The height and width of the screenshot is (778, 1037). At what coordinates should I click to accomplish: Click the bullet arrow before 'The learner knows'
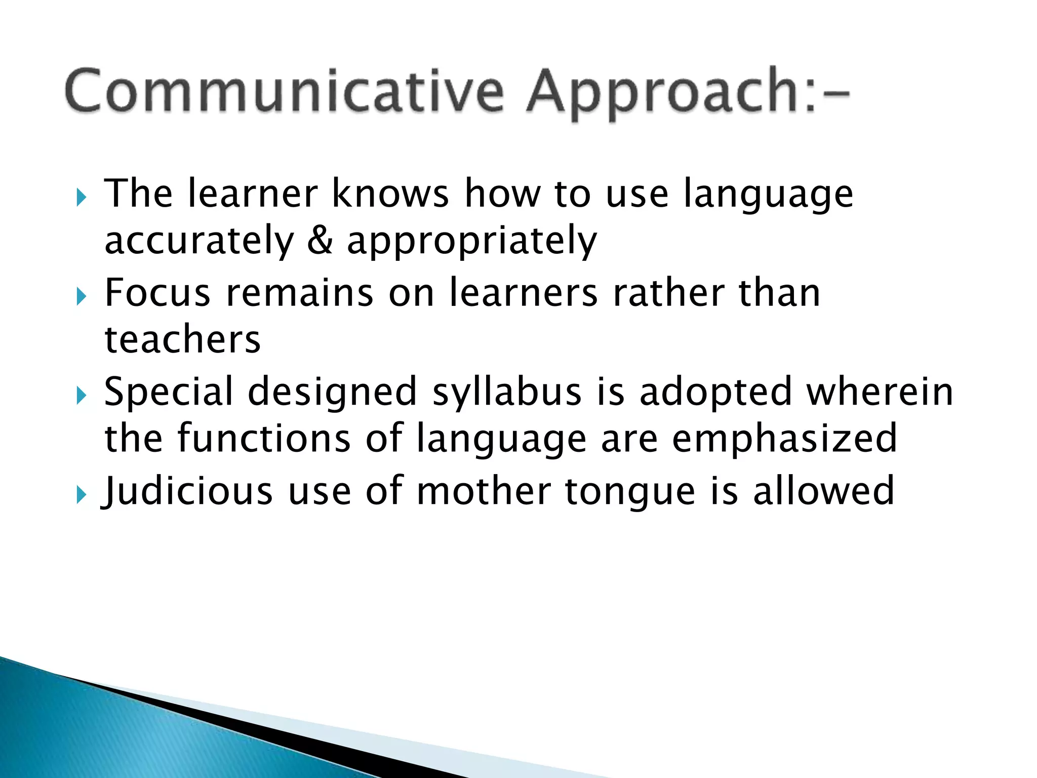[x=81, y=198]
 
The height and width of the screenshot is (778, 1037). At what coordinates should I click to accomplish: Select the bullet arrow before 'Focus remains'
[x=81, y=297]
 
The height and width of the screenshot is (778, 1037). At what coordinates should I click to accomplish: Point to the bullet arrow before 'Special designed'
[x=81, y=396]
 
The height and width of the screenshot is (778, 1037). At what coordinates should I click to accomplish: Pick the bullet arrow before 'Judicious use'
[x=81, y=494]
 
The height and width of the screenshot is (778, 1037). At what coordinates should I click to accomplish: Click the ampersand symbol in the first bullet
[x=320, y=241]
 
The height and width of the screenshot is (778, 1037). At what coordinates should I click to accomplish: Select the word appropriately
[x=471, y=242]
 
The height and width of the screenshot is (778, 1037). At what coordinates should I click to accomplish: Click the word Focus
[x=157, y=293]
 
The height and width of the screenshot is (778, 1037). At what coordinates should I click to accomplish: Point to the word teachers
[x=182, y=339]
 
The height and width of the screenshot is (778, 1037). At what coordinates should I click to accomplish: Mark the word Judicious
[x=187, y=491]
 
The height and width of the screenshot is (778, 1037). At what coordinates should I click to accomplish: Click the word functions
[x=264, y=439]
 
